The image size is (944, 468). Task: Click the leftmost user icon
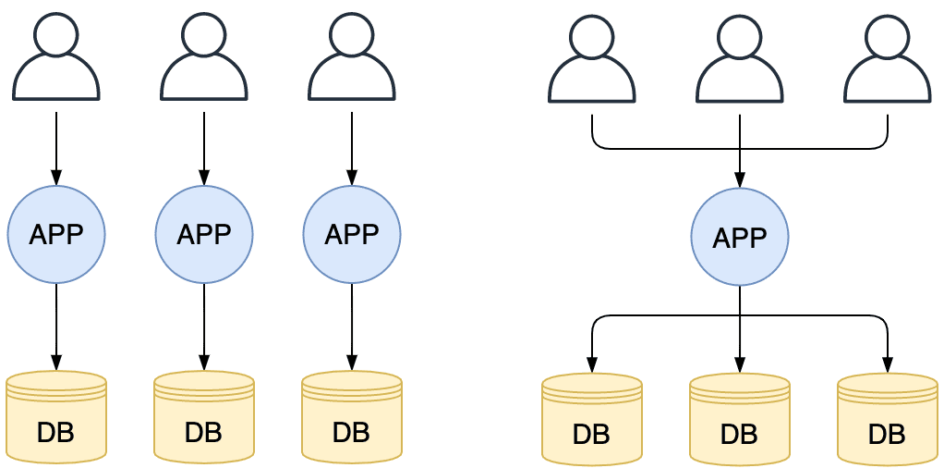56,57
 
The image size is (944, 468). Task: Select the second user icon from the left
204,57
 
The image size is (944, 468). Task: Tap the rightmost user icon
888,59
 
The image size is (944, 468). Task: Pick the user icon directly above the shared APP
740,59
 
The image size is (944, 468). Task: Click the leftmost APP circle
56,235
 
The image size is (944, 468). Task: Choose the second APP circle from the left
204,235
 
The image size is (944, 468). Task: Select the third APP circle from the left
352,235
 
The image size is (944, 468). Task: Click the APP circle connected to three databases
740,238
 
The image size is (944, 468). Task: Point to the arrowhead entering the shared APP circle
740,180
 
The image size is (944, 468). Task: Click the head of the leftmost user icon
56,35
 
